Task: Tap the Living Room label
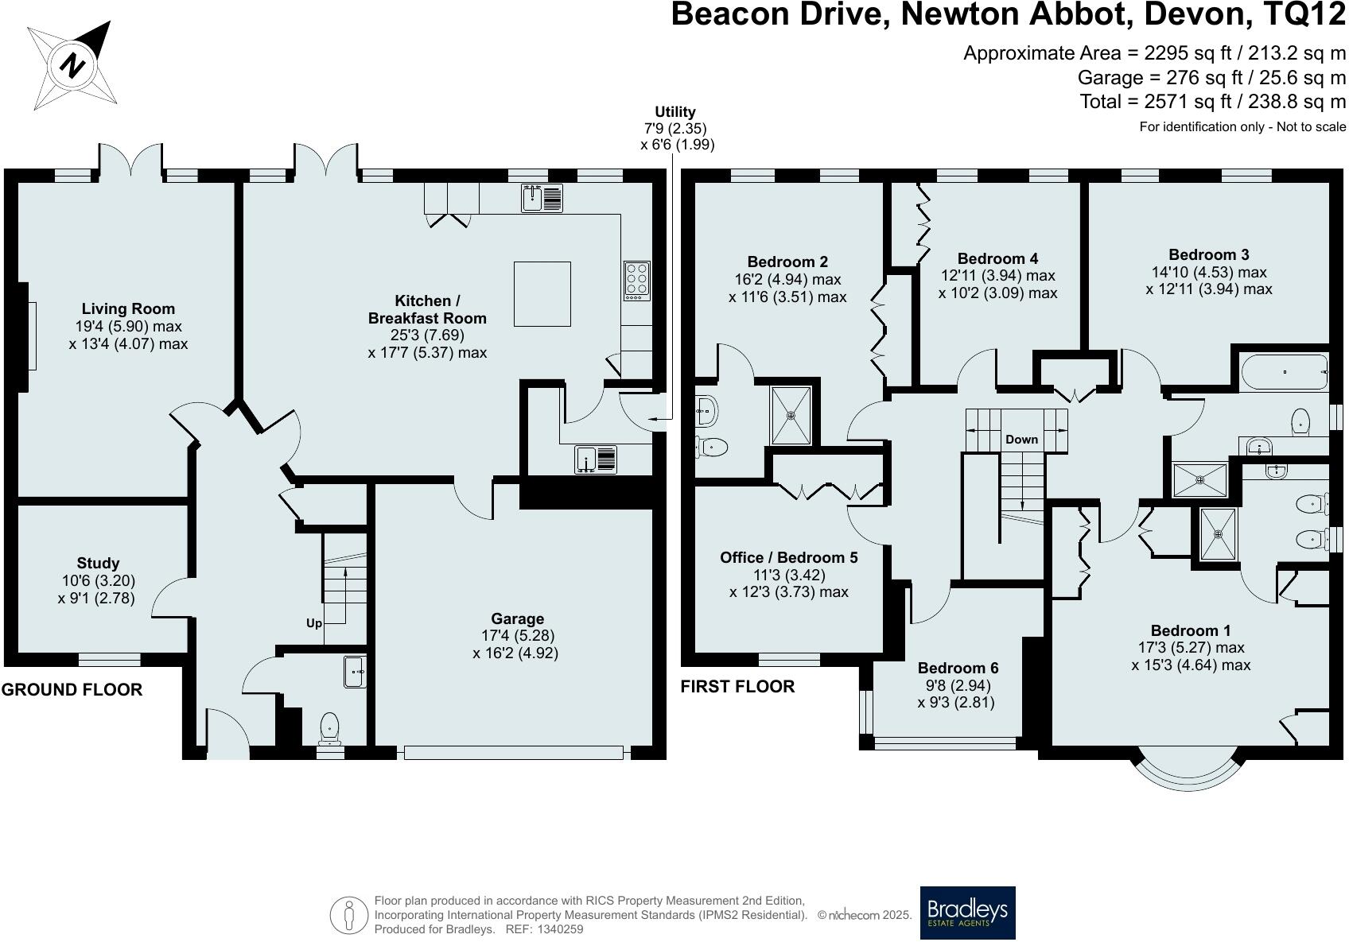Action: tap(128, 308)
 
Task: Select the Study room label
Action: tap(98, 563)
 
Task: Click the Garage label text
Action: tap(517, 618)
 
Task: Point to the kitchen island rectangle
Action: tap(542, 293)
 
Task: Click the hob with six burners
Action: tap(636, 280)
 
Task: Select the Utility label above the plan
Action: tap(674, 112)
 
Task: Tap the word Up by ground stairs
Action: tap(314, 623)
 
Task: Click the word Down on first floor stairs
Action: tap(1021, 439)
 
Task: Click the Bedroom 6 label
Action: tap(958, 668)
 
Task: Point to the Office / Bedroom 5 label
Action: tap(788, 557)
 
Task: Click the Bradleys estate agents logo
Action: tap(967, 912)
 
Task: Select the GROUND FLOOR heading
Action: tap(72, 690)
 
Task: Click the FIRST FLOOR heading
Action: tap(737, 687)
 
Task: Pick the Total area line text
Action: tap(1212, 102)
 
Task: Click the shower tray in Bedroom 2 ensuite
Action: tap(791, 413)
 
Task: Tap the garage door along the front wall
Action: tap(513, 752)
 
